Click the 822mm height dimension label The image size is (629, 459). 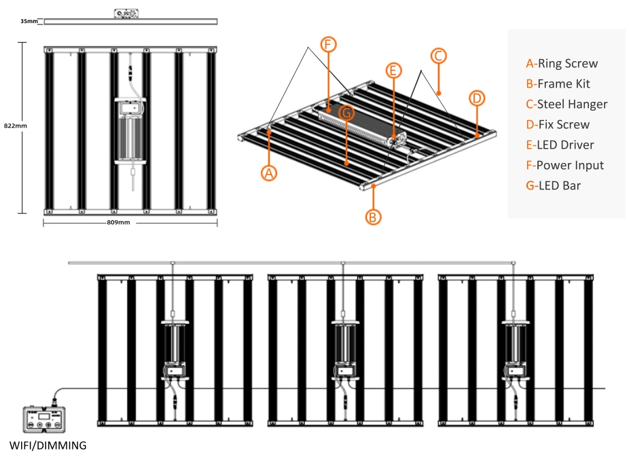pyautogui.click(x=15, y=126)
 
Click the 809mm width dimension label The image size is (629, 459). pyautogui.click(x=118, y=222)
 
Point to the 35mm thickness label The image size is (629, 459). pyautogui.click(x=29, y=21)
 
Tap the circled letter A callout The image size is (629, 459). pyautogui.click(x=269, y=173)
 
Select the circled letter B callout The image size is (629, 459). pyautogui.click(x=373, y=217)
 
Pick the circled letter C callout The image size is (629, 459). pyautogui.click(x=438, y=56)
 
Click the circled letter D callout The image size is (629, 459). pyautogui.click(x=477, y=98)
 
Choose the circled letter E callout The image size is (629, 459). pyautogui.click(x=393, y=71)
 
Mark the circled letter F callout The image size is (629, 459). pyautogui.click(x=328, y=44)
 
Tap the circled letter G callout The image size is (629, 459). pyautogui.click(x=346, y=113)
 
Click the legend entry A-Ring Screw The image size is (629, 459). pyautogui.click(x=562, y=63)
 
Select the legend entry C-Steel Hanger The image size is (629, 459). pyautogui.click(x=567, y=105)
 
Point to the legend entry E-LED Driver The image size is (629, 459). pyautogui.click(x=560, y=145)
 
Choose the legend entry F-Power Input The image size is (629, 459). pyautogui.click(x=565, y=165)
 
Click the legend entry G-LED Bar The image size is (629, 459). pyautogui.click(x=553, y=185)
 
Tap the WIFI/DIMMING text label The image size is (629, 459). pyautogui.click(x=48, y=445)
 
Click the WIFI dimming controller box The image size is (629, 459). pyautogui.click(x=43, y=420)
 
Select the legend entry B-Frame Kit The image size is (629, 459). pyautogui.click(x=558, y=84)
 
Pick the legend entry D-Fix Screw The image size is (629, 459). pyautogui.click(x=558, y=124)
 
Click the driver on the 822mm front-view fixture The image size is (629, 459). pyautogui.click(x=130, y=132)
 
